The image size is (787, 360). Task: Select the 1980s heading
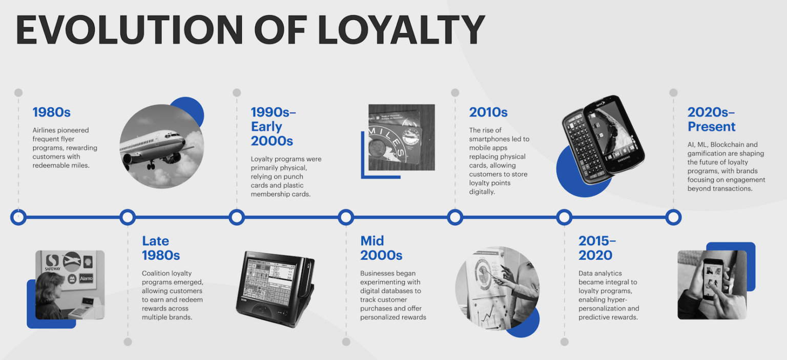click(x=52, y=112)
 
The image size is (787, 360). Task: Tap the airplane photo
click(x=161, y=146)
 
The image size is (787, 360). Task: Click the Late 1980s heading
click(x=161, y=248)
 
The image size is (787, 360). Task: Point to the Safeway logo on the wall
click(x=52, y=262)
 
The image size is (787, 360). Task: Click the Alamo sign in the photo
click(x=86, y=279)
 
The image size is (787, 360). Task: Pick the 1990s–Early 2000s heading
click(x=273, y=126)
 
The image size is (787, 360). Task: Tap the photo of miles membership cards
click(x=402, y=137)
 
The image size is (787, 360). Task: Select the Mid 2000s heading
click(x=381, y=248)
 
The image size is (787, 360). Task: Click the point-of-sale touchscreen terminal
click(x=276, y=289)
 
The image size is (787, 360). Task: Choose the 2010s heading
click(x=488, y=112)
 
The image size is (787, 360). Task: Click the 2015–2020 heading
click(x=597, y=248)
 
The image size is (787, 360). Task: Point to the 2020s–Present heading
click(x=712, y=119)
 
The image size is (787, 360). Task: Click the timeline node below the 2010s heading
click(x=455, y=218)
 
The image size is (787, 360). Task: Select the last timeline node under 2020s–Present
click(x=674, y=218)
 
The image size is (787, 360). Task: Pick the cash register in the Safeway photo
click(x=85, y=308)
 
